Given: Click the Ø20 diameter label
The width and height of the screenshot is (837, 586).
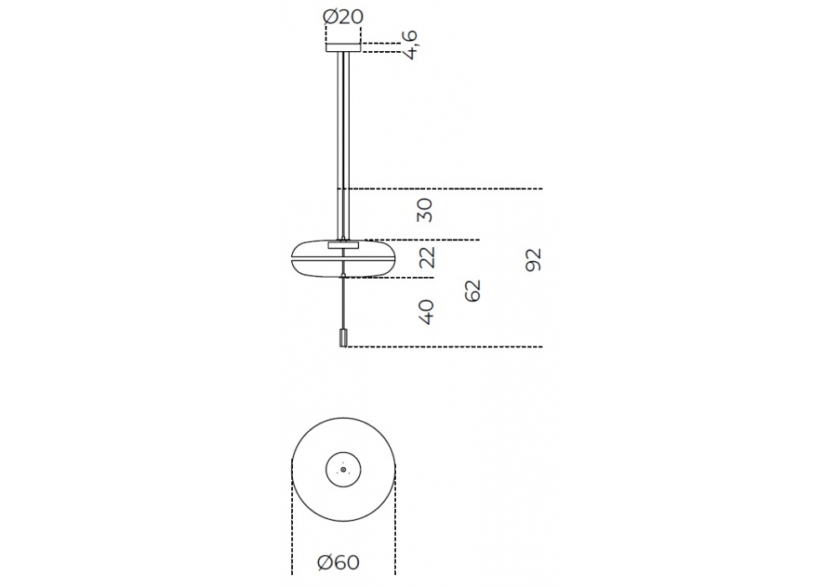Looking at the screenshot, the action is [x=342, y=17].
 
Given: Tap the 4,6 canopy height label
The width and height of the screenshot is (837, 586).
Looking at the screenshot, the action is [x=410, y=45].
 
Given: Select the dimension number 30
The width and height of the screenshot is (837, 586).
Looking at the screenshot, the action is [x=424, y=210].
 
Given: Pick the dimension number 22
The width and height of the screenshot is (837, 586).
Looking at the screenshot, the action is [x=427, y=257].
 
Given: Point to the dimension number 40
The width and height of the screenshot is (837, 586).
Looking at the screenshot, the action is [x=426, y=311].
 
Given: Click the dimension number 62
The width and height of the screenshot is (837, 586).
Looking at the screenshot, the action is [x=472, y=290].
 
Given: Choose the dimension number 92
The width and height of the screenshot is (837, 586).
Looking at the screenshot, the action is [x=533, y=260].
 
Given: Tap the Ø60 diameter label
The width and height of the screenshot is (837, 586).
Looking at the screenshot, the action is [x=338, y=562].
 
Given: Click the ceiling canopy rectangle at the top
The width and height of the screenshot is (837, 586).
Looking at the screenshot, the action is [x=343, y=47].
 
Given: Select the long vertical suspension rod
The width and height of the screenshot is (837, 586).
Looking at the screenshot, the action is [x=343, y=145].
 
